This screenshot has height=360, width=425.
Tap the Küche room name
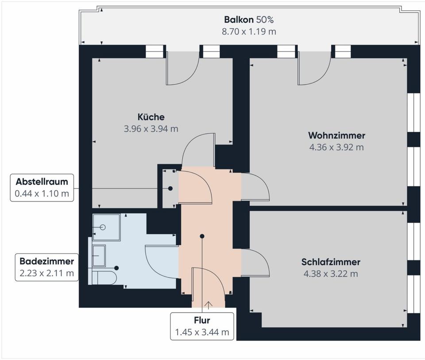[151, 117]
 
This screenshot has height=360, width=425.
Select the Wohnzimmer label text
[336, 135]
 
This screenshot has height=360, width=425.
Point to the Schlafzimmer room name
[331, 262]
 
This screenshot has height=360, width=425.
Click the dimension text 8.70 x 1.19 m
[249, 31]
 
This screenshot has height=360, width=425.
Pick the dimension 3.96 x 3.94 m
[151, 129]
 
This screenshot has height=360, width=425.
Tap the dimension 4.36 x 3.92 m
[336, 147]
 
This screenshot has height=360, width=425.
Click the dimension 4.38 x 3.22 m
[331, 274]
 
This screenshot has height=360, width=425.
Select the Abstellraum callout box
[42, 187]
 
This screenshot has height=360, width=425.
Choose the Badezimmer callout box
[46, 267]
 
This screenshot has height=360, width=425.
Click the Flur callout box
[202, 326]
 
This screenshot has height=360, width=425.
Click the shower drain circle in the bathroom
[103, 227]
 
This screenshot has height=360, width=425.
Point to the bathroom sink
[99, 255]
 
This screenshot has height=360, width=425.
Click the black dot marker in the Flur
[202, 236]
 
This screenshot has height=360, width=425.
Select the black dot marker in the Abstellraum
[170, 188]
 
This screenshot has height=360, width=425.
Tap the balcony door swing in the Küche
[182, 69]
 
